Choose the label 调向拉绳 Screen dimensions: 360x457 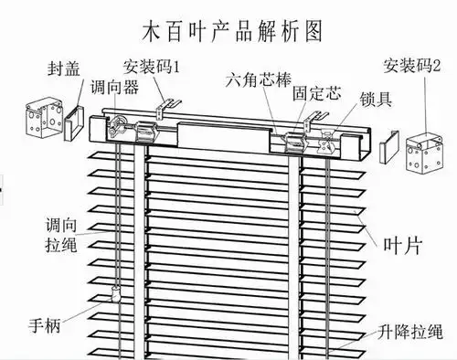[x=58, y=233]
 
